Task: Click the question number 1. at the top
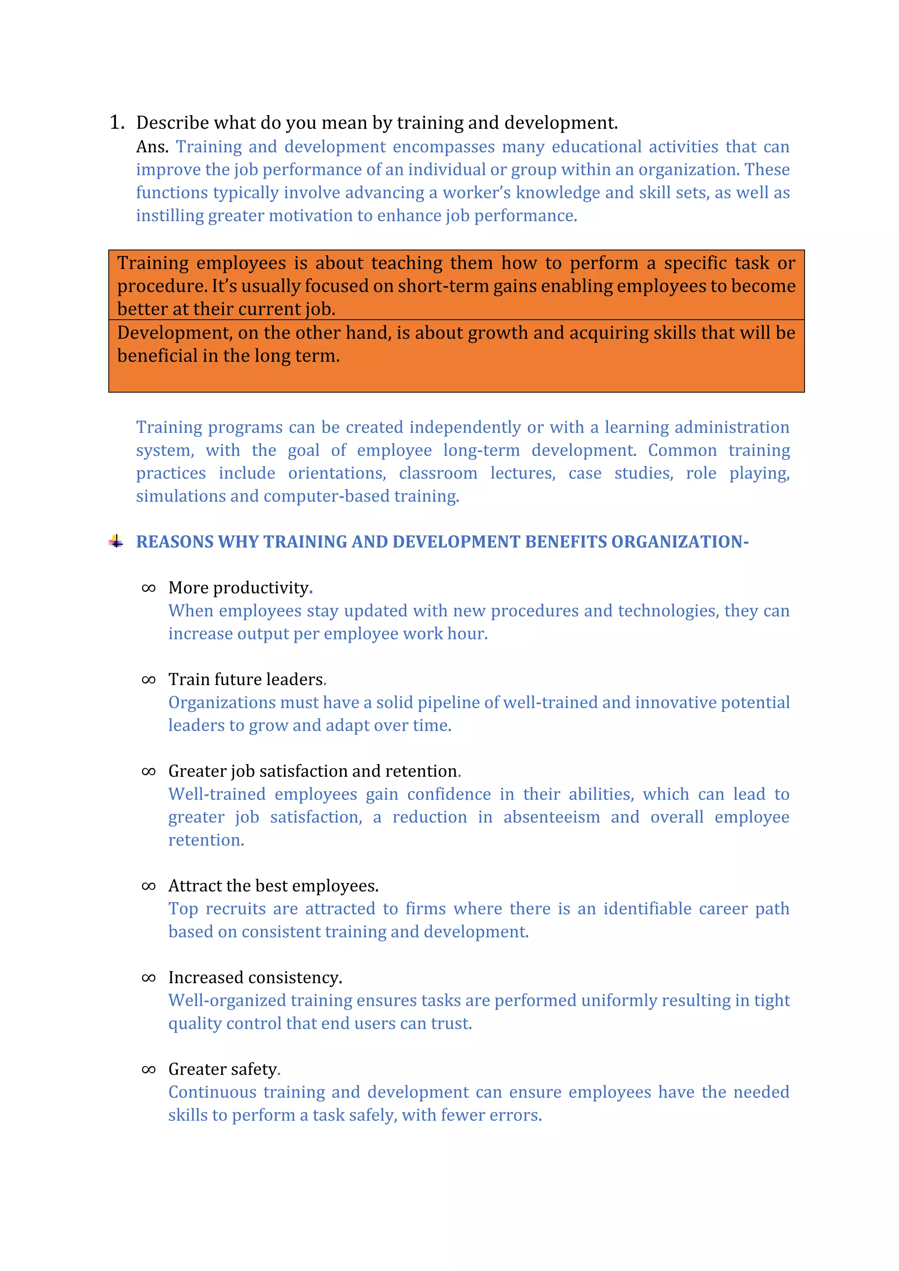pyautogui.click(x=117, y=122)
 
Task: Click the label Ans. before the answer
pyautogui.click(x=152, y=147)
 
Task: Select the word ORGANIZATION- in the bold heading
pyautogui.click(x=680, y=542)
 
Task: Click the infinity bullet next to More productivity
pyautogui.click(x=148, y=588)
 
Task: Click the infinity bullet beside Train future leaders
pyautogui.click(x=148, y=680)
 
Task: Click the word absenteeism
pyautogui.click(x=551, y=817)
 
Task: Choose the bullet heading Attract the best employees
pyautogui.click(x=273, y=886)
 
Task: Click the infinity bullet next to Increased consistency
pyautogui.click(x=148, y=977)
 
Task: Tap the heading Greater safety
pyautogui.click(x=223, y=1069)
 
